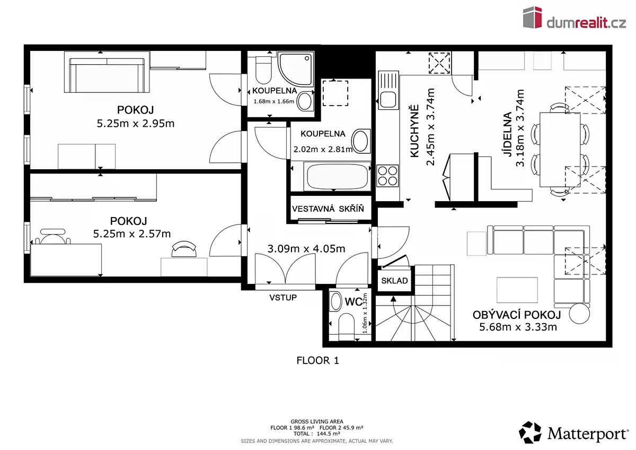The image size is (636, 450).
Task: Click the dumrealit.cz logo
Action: tap(575, 18)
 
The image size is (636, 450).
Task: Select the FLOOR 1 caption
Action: tap(317, 360)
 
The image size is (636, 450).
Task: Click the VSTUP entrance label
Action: tap(283, 297)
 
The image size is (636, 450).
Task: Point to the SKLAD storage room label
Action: tap(394, 281)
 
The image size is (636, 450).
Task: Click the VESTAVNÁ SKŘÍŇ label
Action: tap(328, 209)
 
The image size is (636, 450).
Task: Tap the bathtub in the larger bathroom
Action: tap(337, 176)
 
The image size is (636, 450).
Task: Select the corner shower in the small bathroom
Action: tap(296, 68)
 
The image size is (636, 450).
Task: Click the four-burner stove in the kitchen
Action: tap(387, 176)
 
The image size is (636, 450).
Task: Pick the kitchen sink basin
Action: tap(388, 99)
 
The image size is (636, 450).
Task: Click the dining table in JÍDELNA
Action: tap(560, 150)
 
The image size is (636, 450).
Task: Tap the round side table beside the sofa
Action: tap(579, 314)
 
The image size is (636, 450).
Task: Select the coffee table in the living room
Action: tap(517, 290)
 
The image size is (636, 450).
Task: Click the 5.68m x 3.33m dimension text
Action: tap(518, 327)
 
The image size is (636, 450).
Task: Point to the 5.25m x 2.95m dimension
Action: tap(136, 123)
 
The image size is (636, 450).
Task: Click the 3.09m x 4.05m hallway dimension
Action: tap(306, 249)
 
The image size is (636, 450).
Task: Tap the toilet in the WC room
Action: tap(347, 326)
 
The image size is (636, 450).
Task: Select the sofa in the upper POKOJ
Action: tap(107, 75)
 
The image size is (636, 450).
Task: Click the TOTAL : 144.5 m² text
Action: tap(317, 434)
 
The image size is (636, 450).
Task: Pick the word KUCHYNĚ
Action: tap(414, 131)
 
